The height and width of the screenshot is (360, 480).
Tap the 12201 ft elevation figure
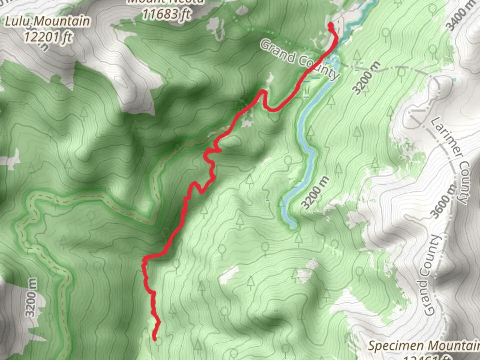(47, 37)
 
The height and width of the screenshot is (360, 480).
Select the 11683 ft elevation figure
(166, 14)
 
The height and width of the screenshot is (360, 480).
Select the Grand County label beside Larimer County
(429, 276)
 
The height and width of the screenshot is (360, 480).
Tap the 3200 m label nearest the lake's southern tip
(315, 193)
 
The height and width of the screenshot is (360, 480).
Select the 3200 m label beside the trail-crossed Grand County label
(366, 78)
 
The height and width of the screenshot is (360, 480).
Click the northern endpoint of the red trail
(330, 25)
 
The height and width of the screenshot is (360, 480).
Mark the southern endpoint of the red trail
(155, 339)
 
